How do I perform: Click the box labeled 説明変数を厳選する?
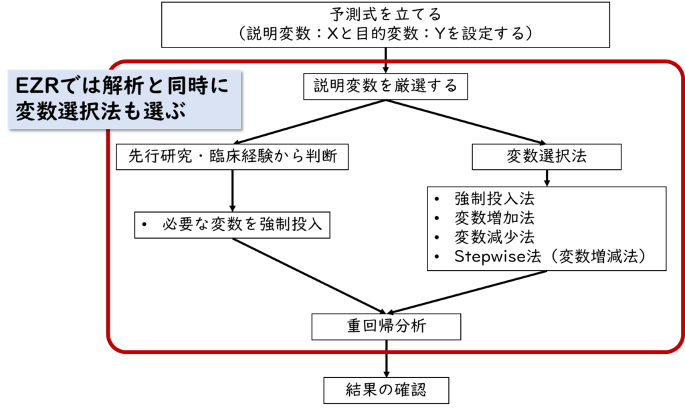click(x=385, y=86)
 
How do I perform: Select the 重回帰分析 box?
click(x=386, y=326)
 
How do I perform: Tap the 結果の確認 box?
click(x=386, y=389)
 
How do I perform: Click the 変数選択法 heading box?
click(x=546, y=157)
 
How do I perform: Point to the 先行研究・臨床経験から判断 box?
click(x=231, y=157)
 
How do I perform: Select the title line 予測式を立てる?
click(x=385, y=14)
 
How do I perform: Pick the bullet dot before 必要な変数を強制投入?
click(x=144, y=225)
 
